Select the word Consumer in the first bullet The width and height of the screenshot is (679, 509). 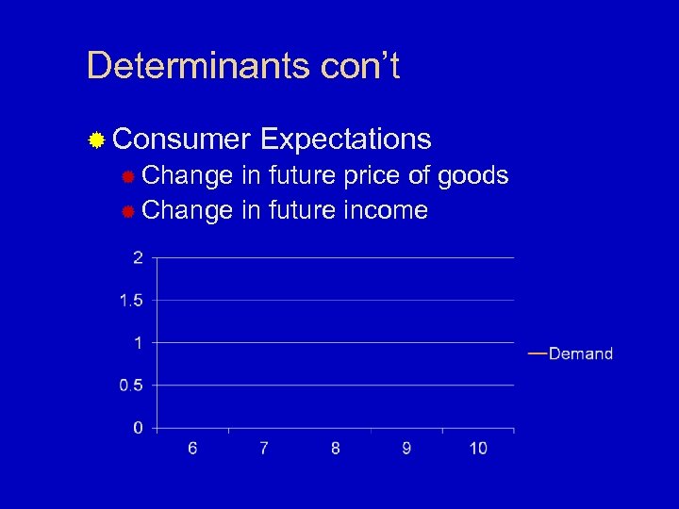[180, 140]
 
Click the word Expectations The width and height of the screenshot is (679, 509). [345, 140]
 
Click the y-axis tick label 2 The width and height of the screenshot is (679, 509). [139, 258]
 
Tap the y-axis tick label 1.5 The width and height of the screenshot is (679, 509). [131, 301]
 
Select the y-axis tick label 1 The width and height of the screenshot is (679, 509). [139, 343]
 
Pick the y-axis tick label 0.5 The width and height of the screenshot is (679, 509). [131, 386]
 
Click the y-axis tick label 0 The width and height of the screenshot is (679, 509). [139, 428]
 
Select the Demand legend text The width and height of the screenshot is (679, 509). [581, 354]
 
